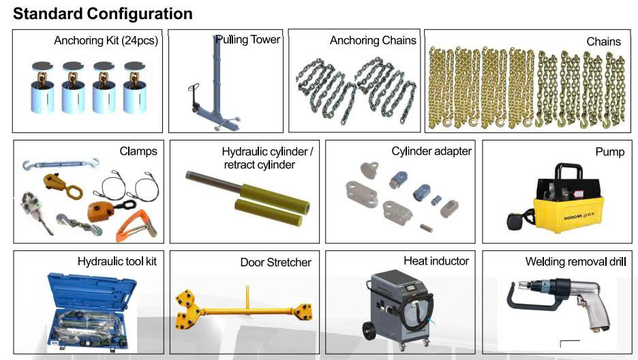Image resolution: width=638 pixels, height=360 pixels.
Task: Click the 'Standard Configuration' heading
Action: (x=103, y=14)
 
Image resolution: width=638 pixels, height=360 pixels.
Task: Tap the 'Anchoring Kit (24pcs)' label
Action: (x=106, y=41)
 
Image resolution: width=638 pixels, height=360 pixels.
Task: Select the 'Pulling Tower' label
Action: (x=248, y=40)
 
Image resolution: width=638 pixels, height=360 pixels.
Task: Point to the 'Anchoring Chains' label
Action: (x=373, y=41)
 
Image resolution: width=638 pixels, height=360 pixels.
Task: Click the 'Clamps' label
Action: (x=138, y=151)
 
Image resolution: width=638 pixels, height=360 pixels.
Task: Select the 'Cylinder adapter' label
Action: (x=431, y=151)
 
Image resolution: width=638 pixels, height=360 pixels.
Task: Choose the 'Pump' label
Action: (x=609, y=151)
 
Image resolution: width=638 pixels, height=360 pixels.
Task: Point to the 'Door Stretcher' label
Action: (x=275, y=262)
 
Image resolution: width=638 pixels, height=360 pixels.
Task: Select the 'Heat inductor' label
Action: (x=436, y=261)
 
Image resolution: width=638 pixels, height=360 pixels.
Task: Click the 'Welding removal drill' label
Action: (x=575, y=262)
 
